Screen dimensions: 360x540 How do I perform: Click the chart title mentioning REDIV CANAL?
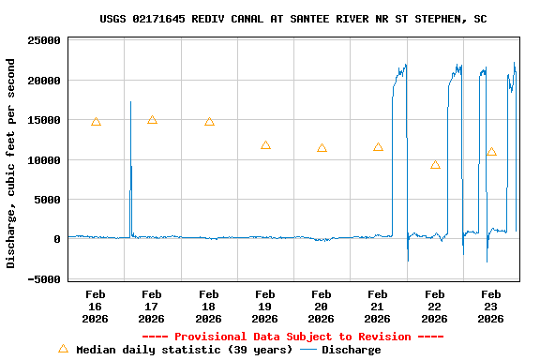coord(292,19)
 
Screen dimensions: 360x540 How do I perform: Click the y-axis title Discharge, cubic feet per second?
coord(11,163)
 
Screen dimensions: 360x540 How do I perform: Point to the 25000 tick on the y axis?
coord(44,41)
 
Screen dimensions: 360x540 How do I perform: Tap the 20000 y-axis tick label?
coord(44,81)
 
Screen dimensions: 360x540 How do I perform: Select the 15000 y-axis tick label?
coord(44,120)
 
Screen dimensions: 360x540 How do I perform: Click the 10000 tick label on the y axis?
coord(44,160)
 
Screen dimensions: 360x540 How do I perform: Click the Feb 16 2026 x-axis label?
coord(96,307)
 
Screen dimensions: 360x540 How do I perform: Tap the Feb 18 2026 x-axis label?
coord(208,307)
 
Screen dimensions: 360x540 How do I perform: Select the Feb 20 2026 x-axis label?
coord(322,307)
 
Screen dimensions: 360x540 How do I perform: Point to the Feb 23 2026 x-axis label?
coord(491,307)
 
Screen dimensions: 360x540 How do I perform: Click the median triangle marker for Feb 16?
coord(96,122)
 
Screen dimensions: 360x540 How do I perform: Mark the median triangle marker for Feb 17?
coord(152,120)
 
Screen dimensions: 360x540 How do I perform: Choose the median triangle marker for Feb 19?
coord(265,145)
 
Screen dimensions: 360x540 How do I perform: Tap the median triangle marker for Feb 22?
coord(435,165)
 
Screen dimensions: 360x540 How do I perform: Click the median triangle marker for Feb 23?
coord(491,152)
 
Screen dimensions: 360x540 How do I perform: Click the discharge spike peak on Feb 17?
coord(130,102)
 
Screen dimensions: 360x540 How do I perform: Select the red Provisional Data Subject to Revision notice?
coord(292,337)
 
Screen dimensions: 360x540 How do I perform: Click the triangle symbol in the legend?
coord(63,349)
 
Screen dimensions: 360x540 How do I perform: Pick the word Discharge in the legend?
coord(352,350)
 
